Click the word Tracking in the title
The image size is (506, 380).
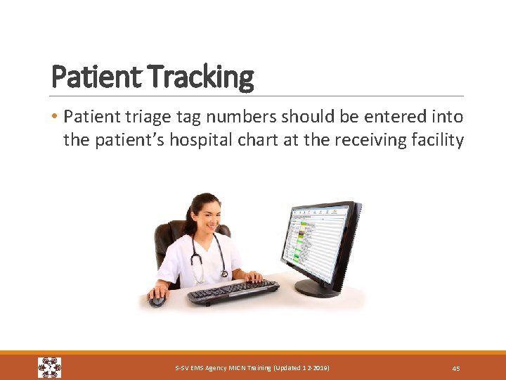pyautogui.click(x=202, y=77)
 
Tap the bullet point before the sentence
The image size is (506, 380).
pyautogui.click(x=55, y=116)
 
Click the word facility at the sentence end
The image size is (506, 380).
pyautogui.click(x=439, y=140)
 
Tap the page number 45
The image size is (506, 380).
pyautogui.click(x=455, y=368)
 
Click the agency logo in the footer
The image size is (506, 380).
pyautogui.click(x=50, y=367)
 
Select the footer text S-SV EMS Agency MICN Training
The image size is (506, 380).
pyautogui.click(x=252, y=368)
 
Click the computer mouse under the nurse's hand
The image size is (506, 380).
pyautogui.click(x=157, y=300)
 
